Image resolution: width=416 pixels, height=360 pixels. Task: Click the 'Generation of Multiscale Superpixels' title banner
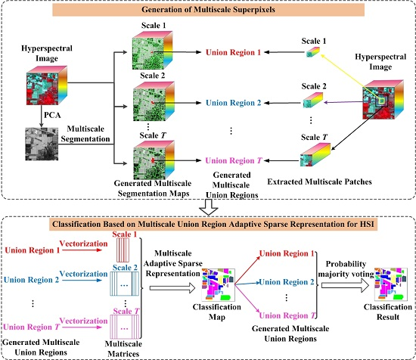[208, 10]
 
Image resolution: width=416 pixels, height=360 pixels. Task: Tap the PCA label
[52, 115]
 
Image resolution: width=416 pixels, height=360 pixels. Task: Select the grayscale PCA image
[42, 144]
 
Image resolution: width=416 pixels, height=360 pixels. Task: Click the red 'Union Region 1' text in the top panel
[233, 52]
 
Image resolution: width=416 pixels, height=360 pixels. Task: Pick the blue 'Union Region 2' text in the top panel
[234, 103]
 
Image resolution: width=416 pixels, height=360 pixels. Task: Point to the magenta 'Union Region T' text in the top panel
[234, 160]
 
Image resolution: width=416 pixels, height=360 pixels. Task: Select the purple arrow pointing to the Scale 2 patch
[344, 102]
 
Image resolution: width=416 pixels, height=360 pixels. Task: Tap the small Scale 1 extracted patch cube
[313, 51]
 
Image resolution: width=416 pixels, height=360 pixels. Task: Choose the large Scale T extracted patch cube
[315, 155]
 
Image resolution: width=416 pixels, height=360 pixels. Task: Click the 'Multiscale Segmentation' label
[85, 134]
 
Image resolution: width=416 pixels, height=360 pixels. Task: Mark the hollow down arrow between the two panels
[209, 207]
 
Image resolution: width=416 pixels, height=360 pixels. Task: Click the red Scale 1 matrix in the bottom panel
[123, 250]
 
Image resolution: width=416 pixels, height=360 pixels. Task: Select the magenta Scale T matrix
[125, 327]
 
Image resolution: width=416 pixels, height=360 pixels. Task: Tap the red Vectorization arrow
[82, 250]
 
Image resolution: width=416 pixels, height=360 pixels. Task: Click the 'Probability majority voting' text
[346, 268]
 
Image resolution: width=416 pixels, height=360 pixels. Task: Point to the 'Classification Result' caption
[387, 312]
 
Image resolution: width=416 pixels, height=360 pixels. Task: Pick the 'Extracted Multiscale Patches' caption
[319, 182]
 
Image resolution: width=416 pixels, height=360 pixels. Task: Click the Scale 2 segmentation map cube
[154, 101]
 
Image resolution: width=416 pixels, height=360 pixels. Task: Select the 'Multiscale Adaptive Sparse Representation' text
[173, 263]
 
